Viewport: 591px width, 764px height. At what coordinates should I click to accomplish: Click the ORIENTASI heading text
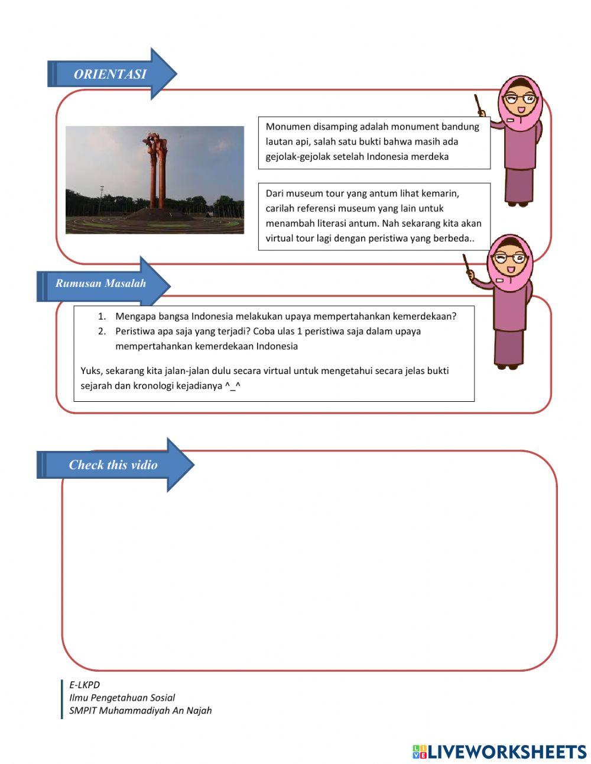coord(109,75)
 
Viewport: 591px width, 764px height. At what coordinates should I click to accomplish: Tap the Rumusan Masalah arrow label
coord(100,283)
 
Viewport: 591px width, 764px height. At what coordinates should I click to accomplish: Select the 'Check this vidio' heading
coord(113,465)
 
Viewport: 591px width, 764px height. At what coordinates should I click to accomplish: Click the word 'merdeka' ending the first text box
coord(431,157)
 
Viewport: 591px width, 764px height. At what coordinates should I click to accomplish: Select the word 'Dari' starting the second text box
coord(275,194)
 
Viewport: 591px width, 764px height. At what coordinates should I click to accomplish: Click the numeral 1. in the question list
coord(102,317)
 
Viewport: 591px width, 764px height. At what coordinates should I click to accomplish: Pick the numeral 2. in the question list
coord(102,331)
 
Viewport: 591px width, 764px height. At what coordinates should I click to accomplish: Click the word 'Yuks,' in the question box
coord(92,371)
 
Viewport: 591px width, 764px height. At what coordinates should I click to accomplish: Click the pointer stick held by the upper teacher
coord(479,104)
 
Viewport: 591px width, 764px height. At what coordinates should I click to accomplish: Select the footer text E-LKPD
coord(85,685)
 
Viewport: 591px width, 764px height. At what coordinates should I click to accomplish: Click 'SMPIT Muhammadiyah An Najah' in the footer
coord(140,711)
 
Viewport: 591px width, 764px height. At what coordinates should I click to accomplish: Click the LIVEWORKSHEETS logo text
coord(507,752)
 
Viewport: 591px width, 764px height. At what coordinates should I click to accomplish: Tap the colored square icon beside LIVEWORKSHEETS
coord(419,752)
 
